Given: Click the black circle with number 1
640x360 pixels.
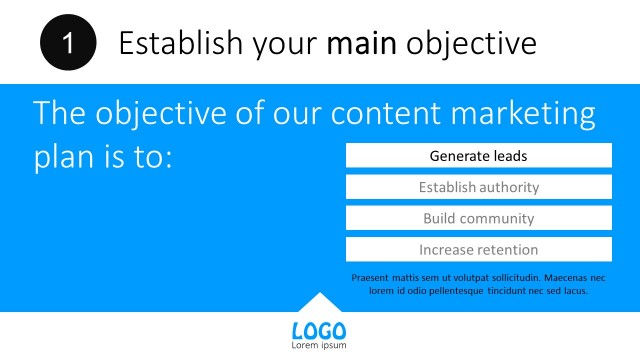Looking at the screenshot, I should pyautogui.click(x=68, y=43).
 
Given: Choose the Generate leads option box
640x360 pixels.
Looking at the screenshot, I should pyautogui.click(x=478, y=156).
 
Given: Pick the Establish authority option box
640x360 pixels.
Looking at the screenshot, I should pyautogui.click(x=478, y=187).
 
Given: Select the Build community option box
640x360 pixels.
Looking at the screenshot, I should pyautogui.click(x=478, y=218).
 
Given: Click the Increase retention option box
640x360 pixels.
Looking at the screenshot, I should pyautogui.click(x=478, y=249).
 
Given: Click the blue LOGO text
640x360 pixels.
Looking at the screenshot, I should pyautogui.click(x=319, y=331).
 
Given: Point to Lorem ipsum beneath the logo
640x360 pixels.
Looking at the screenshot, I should pyautogui.click(x=319, y=346).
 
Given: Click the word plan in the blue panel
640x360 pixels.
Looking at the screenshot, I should pyautogui.click(x=61, y=158).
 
